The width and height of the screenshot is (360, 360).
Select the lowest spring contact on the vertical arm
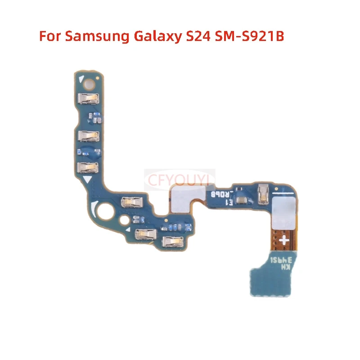[x=87, y=168]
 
